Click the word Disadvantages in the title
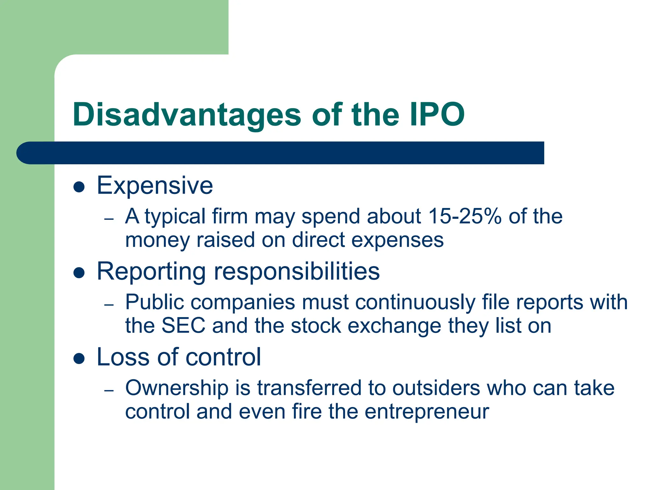pos(187,115)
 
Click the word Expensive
pos(155,186)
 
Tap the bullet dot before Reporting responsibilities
pos(79,273)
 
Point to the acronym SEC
pos(183,326)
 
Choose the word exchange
pos(394,326)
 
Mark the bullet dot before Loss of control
pos(79,359)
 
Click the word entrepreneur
pos(427,412)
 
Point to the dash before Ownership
pos(109,390)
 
